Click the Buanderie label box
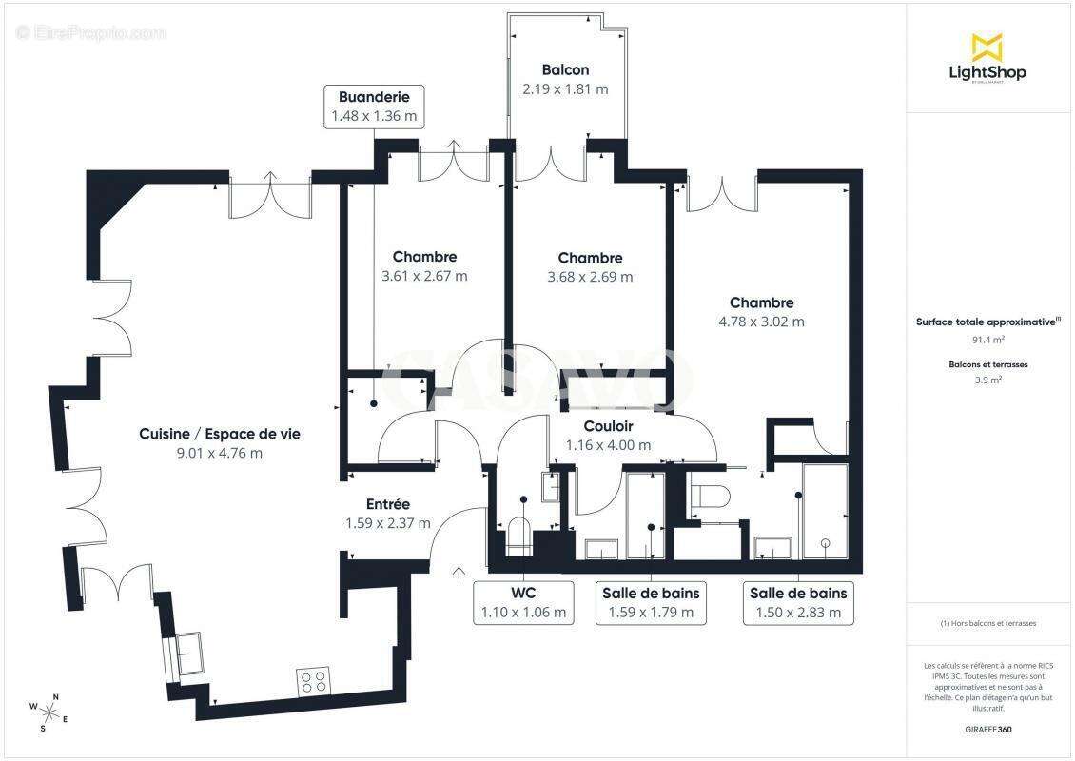pos(373,107)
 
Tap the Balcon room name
pos(565,69)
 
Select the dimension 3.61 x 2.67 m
pos(424,276)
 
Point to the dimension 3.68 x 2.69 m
pos(590,277)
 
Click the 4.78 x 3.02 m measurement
pos(761,322)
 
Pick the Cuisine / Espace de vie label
pos(220,433)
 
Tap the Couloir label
pos(608,426)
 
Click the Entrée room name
pos(387,504)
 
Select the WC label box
pos(524,602)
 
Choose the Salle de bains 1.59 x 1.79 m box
pos(651,602)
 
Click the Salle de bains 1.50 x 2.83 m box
pos(798,602)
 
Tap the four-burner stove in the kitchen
pos(315,681)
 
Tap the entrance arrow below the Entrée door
pos(459,572)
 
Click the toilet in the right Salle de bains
pos(710,496)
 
